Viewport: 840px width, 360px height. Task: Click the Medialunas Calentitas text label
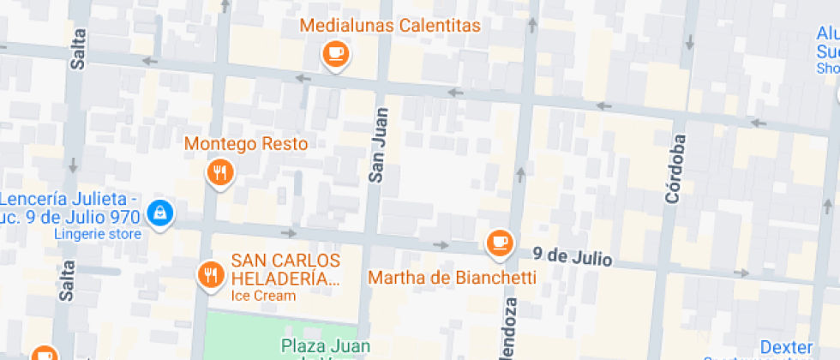[389, 25]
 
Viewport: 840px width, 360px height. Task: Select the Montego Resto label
[246, 143]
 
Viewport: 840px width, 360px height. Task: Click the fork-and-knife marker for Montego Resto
[220, 173]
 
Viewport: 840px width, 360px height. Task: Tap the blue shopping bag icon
[159, 213]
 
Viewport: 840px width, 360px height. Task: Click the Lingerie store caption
[97, 233]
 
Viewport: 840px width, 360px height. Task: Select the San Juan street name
[378, 144]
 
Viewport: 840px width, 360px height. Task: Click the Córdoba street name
[676, 169]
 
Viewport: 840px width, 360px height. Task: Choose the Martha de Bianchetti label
[452, 278]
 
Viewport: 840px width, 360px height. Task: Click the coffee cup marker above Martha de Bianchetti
[499, 243]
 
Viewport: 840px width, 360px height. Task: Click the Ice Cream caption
[263, 297]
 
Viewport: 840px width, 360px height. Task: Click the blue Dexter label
[786, 347]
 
